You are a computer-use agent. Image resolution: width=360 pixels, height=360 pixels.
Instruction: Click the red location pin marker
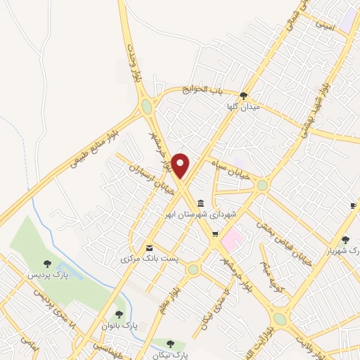click(181, 165)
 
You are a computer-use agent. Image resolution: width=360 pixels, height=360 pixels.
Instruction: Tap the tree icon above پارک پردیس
click(47, 264)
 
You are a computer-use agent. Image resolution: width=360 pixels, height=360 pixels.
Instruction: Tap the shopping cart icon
click(216, 234)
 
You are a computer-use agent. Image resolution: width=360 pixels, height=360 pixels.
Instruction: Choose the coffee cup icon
click(353, 205)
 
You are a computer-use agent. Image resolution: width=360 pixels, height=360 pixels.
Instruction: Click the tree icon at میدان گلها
click(243, 95)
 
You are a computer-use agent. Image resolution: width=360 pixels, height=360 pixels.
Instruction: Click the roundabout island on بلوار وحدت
click(146, 107)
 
